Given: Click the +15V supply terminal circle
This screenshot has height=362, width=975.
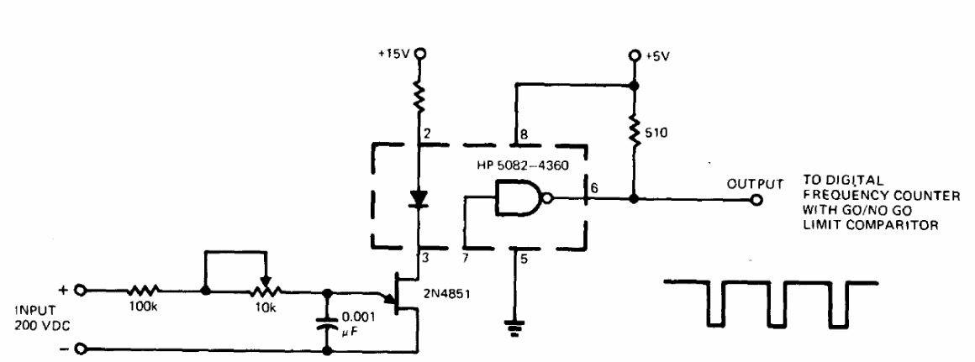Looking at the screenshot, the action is point(420,54).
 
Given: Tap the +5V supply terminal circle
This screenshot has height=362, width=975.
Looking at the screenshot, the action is point(634,56).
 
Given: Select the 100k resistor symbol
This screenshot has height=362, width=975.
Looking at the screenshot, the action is point(145,290).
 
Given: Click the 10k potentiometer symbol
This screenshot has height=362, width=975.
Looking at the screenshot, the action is point(266,287).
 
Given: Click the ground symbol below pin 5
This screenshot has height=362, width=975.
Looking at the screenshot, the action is point(514,328).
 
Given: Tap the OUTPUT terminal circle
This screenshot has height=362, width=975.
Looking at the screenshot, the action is point(756,200).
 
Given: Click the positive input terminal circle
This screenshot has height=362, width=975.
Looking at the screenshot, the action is point(80,290).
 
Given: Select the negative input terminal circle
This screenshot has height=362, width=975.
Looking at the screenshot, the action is point(80,349).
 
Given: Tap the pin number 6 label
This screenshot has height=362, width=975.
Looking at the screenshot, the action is point(594,188).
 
